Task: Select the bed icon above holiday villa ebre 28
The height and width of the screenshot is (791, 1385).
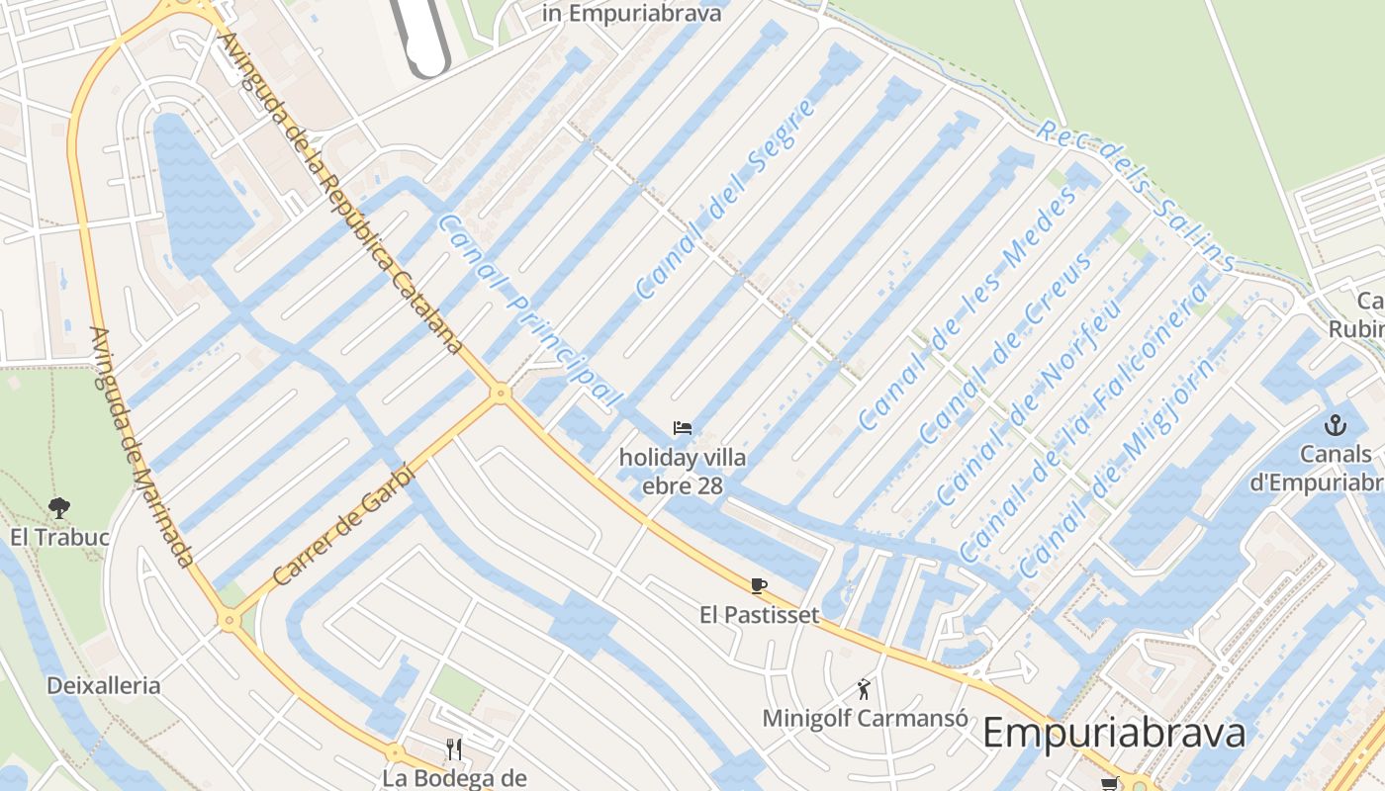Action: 682,428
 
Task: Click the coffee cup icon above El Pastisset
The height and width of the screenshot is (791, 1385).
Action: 759,585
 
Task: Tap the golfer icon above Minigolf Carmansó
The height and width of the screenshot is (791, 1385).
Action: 865,689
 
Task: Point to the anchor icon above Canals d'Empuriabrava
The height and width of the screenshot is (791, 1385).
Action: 1336,426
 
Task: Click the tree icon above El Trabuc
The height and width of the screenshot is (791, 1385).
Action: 59,508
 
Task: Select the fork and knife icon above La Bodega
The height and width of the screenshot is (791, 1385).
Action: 454,748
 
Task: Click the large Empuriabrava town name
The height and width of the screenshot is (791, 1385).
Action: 1113,734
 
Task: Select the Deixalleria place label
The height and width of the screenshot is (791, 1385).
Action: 103,685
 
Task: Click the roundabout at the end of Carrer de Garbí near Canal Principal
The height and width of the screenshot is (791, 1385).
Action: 501,394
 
